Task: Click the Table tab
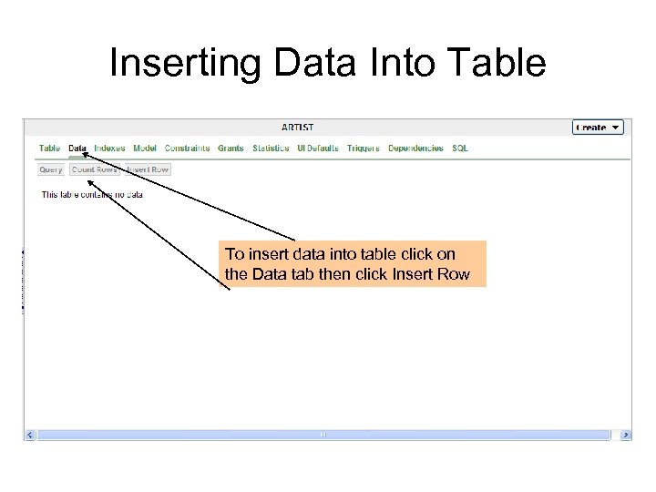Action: pos(49,149)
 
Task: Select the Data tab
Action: pos(77,149)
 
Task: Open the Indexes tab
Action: pos(109,149)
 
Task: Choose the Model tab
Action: pos(145,149)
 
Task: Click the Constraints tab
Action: pos(187,149)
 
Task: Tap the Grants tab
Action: pos(231,149)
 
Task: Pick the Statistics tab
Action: pos(271,149)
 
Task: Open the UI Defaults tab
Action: pos(318,149)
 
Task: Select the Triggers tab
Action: pos(364,149)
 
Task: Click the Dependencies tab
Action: pos(415,149)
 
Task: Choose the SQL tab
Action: pos(460,149)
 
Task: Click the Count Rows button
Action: pos(95,169)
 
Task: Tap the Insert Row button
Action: pos(148,169)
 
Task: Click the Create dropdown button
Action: pos(598,128)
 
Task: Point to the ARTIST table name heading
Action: pos(298,128)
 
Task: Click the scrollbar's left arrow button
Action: pos(30,436)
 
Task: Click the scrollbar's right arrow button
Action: pos(625,436)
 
